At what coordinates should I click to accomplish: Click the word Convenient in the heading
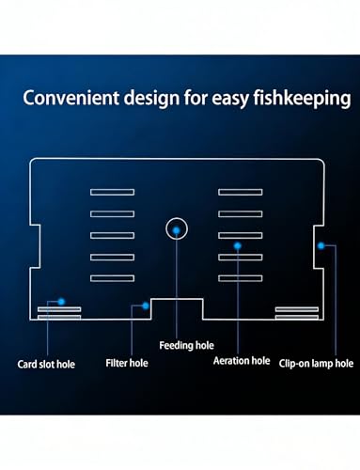71,98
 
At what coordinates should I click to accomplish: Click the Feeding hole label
186,345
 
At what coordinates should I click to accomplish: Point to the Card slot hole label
46,364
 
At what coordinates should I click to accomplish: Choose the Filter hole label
127,363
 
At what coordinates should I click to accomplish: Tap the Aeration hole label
242,361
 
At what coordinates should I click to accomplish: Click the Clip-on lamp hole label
316,364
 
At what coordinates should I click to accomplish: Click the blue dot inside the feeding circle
177,230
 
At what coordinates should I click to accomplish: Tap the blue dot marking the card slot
61,302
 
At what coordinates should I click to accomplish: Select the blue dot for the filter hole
146,305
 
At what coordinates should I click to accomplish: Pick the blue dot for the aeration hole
238,246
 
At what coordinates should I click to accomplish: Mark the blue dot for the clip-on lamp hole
321,246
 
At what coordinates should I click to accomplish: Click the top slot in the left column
112,192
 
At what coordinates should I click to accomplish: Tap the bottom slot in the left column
112,278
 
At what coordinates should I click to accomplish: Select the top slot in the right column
241,192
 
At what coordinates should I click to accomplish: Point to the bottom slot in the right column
241,278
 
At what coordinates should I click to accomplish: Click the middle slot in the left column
112,235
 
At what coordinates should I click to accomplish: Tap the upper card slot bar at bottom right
297,309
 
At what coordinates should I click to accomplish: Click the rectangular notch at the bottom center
177,299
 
